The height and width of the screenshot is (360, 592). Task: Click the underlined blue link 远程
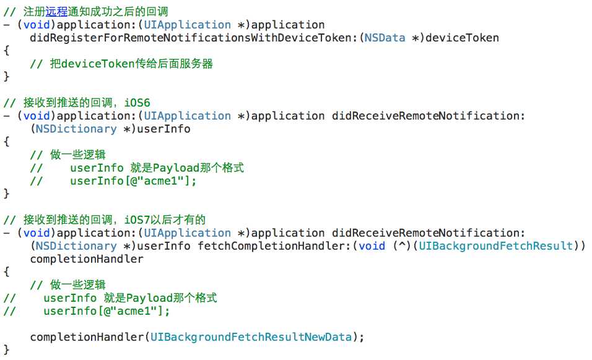(56, 12)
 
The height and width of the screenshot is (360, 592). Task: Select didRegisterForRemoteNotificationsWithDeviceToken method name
(191, 38)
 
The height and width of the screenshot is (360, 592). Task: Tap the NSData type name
(385, 38)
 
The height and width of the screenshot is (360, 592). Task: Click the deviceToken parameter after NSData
(462, 38)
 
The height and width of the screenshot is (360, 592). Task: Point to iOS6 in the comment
(137, 103)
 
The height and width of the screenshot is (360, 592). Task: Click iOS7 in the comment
(137, 220)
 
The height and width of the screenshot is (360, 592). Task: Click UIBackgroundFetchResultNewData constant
(251, 337)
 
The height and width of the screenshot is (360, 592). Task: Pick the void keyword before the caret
(372, 246)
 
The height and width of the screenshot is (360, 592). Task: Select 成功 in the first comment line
(102, 12)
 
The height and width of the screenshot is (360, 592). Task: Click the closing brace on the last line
(6, 350)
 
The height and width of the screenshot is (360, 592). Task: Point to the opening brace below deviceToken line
(6, 51)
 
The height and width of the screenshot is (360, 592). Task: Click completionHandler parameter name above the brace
(87, 259)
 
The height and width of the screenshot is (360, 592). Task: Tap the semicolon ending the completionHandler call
(361, 338)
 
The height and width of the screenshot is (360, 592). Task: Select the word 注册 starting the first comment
(34, 12)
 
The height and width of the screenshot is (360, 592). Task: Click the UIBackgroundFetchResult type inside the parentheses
(496, 246)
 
